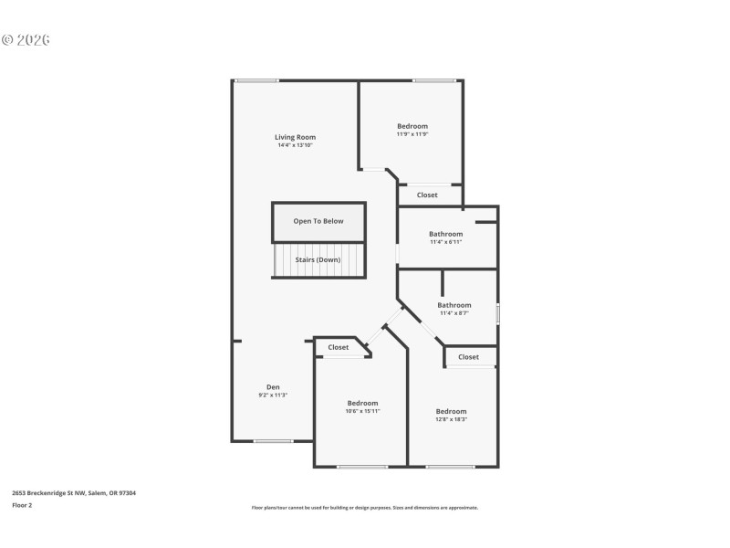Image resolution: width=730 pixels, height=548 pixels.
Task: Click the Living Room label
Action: coord(296,137)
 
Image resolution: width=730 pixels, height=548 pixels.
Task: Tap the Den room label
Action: coord(273,386)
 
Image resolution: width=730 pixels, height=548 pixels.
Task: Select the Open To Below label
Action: coord(318,221)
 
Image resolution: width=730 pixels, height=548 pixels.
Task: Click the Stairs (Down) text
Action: coord(318,259)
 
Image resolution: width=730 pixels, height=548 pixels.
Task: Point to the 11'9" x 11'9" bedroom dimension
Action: coord(412,134)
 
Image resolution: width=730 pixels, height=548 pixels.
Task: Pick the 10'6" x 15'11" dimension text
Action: coord(362,411)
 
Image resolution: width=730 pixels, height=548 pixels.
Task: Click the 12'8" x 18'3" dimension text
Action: coord(451,419)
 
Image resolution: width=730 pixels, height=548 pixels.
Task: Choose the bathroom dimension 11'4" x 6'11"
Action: coord(446,242)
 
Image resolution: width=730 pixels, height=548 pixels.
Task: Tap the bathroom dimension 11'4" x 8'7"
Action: coord(454,313)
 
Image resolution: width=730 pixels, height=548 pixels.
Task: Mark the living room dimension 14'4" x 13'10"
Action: coord(296,145)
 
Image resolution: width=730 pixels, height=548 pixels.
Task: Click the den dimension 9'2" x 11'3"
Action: coord(273,395)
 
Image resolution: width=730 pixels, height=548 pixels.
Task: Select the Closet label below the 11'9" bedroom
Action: coord(427,195)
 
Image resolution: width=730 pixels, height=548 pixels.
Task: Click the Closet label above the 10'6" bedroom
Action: coord(339,347)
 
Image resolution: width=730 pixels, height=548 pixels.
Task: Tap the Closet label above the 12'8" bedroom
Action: coord(468,357)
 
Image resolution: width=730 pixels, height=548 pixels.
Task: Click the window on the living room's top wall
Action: coord(257,80)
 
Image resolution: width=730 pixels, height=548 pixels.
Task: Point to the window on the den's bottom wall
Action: coord(273,442)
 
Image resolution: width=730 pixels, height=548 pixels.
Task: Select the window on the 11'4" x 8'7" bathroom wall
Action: coord(497,313)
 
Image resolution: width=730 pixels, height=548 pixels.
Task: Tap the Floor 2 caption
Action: coord(22,504)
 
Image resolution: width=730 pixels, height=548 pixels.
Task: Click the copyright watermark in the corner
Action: coord(26,40)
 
